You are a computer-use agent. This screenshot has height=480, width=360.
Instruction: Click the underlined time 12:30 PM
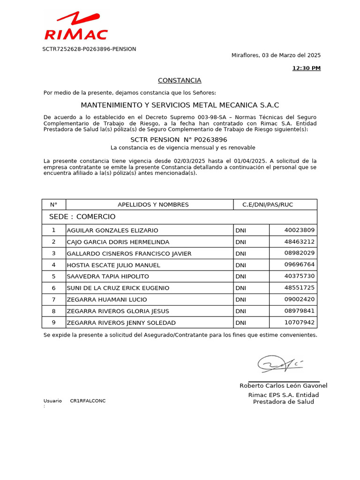tap(307, 68)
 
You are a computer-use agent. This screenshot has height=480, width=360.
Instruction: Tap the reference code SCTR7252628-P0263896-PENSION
tap(89, 49)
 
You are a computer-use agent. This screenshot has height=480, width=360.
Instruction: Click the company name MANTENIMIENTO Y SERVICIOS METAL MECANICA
tap(180, 105)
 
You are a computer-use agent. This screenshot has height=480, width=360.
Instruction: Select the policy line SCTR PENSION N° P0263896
tap(179, 140)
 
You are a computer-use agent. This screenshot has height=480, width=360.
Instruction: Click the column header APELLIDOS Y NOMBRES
tap(153, 204)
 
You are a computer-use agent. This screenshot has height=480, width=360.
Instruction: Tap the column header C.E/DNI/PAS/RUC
tap(267, 204)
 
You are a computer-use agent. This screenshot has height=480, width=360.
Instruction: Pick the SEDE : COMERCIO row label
tap(82, 217)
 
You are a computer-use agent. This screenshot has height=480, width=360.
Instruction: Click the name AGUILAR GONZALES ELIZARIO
tap(112, 230)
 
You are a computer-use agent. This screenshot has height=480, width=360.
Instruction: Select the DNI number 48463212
tap(300, 241)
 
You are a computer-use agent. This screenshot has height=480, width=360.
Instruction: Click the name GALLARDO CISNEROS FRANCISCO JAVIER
tap(129, 253)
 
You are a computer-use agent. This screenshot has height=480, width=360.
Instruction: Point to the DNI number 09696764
tap(300, 264)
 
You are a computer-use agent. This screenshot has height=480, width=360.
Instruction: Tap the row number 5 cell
tap(53, 276)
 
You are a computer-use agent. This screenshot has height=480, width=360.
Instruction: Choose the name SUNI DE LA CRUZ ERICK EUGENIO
tap(118, 288)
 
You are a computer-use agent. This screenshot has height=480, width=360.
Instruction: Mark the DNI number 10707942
tap(300, 322)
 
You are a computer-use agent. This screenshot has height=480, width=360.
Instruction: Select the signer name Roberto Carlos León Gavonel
tap(283, 386)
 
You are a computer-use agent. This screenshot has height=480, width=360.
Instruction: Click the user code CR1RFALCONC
tap(88, 401)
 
